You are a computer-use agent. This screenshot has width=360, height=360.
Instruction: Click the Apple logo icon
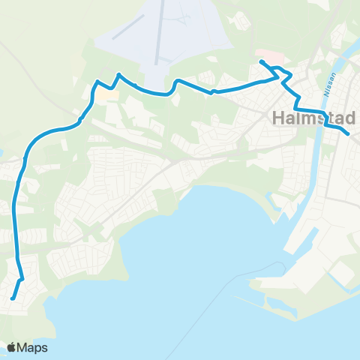pos(11,347)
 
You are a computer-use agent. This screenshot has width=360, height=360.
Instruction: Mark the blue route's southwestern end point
pos(13,298)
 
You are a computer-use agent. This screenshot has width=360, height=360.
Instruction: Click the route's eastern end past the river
pos(348,133)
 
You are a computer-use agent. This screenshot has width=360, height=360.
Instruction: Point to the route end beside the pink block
pos(260,61)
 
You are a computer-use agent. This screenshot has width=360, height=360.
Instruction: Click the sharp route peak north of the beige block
pos(118,74)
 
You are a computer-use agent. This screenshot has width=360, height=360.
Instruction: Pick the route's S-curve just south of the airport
pos(174,84)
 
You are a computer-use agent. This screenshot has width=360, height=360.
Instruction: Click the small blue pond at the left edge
pos(1,155)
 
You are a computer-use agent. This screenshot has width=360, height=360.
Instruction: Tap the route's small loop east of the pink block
pos(283,73)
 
